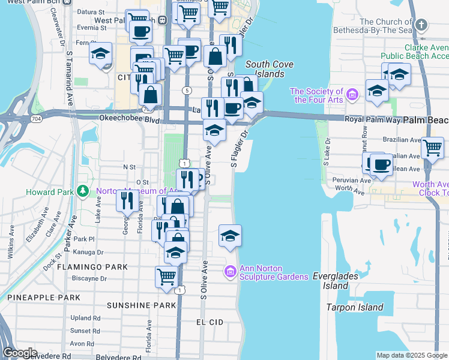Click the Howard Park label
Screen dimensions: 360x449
50,192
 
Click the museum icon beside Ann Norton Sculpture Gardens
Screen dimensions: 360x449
229,272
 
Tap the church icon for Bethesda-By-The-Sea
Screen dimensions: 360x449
421,26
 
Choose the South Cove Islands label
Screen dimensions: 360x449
265,69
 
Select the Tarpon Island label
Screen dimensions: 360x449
354,307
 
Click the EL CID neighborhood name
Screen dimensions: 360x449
210,322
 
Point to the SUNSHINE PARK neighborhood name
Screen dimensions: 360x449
142,305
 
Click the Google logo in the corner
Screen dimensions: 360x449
20,352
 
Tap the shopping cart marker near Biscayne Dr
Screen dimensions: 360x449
167,278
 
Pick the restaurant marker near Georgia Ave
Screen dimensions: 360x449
127,201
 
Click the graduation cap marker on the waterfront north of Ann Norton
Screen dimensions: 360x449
230,236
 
